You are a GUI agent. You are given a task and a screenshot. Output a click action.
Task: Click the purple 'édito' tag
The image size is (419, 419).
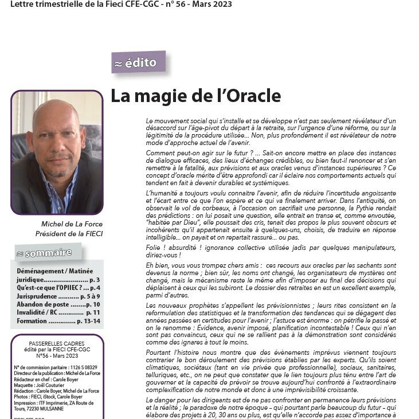tap(139, 62)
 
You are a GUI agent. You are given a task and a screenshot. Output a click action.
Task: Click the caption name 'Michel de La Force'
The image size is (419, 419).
tap(68, 224)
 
